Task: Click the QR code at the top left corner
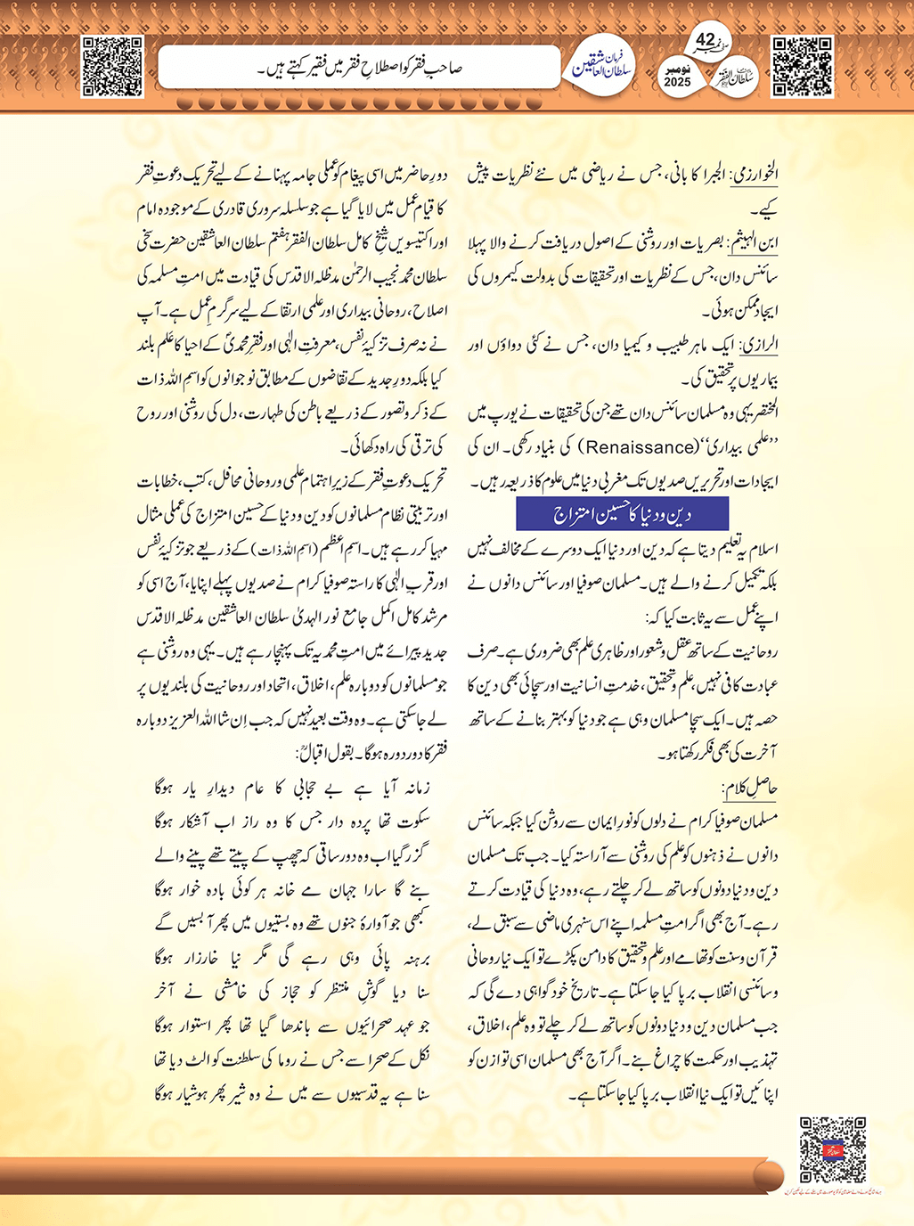pyautogui.click(x=112, y=66)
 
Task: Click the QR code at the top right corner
pyautogui.click(x=802, y=66)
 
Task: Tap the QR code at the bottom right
pyautogui.click(x=832, y=1148)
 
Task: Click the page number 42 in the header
pyautogui.click(x=705, y=40)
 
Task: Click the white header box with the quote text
pyautogui.click(x=359, y=68)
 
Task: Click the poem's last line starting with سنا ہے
pyautogui.click(x=291, y=1093)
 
